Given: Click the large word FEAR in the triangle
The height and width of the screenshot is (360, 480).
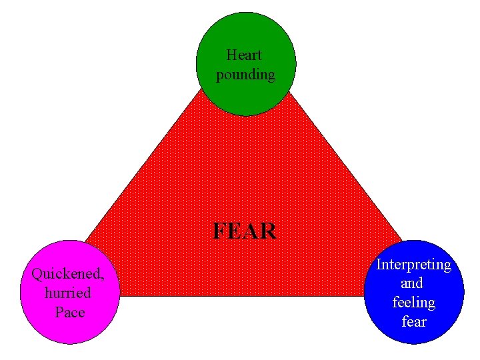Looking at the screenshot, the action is coord(244,231).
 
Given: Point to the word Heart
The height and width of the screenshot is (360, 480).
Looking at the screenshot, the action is coord(244,54).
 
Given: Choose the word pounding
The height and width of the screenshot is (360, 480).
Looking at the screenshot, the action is coord(245,74).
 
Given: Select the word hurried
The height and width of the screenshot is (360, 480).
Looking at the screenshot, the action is coord(67,293).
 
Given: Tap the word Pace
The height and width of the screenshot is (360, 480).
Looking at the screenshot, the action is coord(70,311).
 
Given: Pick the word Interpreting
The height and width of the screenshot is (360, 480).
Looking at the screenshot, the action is coord(413,264).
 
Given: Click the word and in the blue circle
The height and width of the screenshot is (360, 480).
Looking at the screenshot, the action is coord(412,283).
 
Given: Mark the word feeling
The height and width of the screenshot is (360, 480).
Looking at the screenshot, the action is coord(413,302).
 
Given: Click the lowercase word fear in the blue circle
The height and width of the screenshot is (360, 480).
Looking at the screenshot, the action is coord(413,321).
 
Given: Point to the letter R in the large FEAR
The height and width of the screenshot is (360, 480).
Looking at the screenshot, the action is coord(268,231).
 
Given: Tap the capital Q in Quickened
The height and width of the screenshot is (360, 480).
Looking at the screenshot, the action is coord(37,273).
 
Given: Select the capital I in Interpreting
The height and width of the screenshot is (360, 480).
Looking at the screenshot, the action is coord(379,264).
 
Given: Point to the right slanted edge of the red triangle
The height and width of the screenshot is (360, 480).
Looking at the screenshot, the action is coord(347,167).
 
